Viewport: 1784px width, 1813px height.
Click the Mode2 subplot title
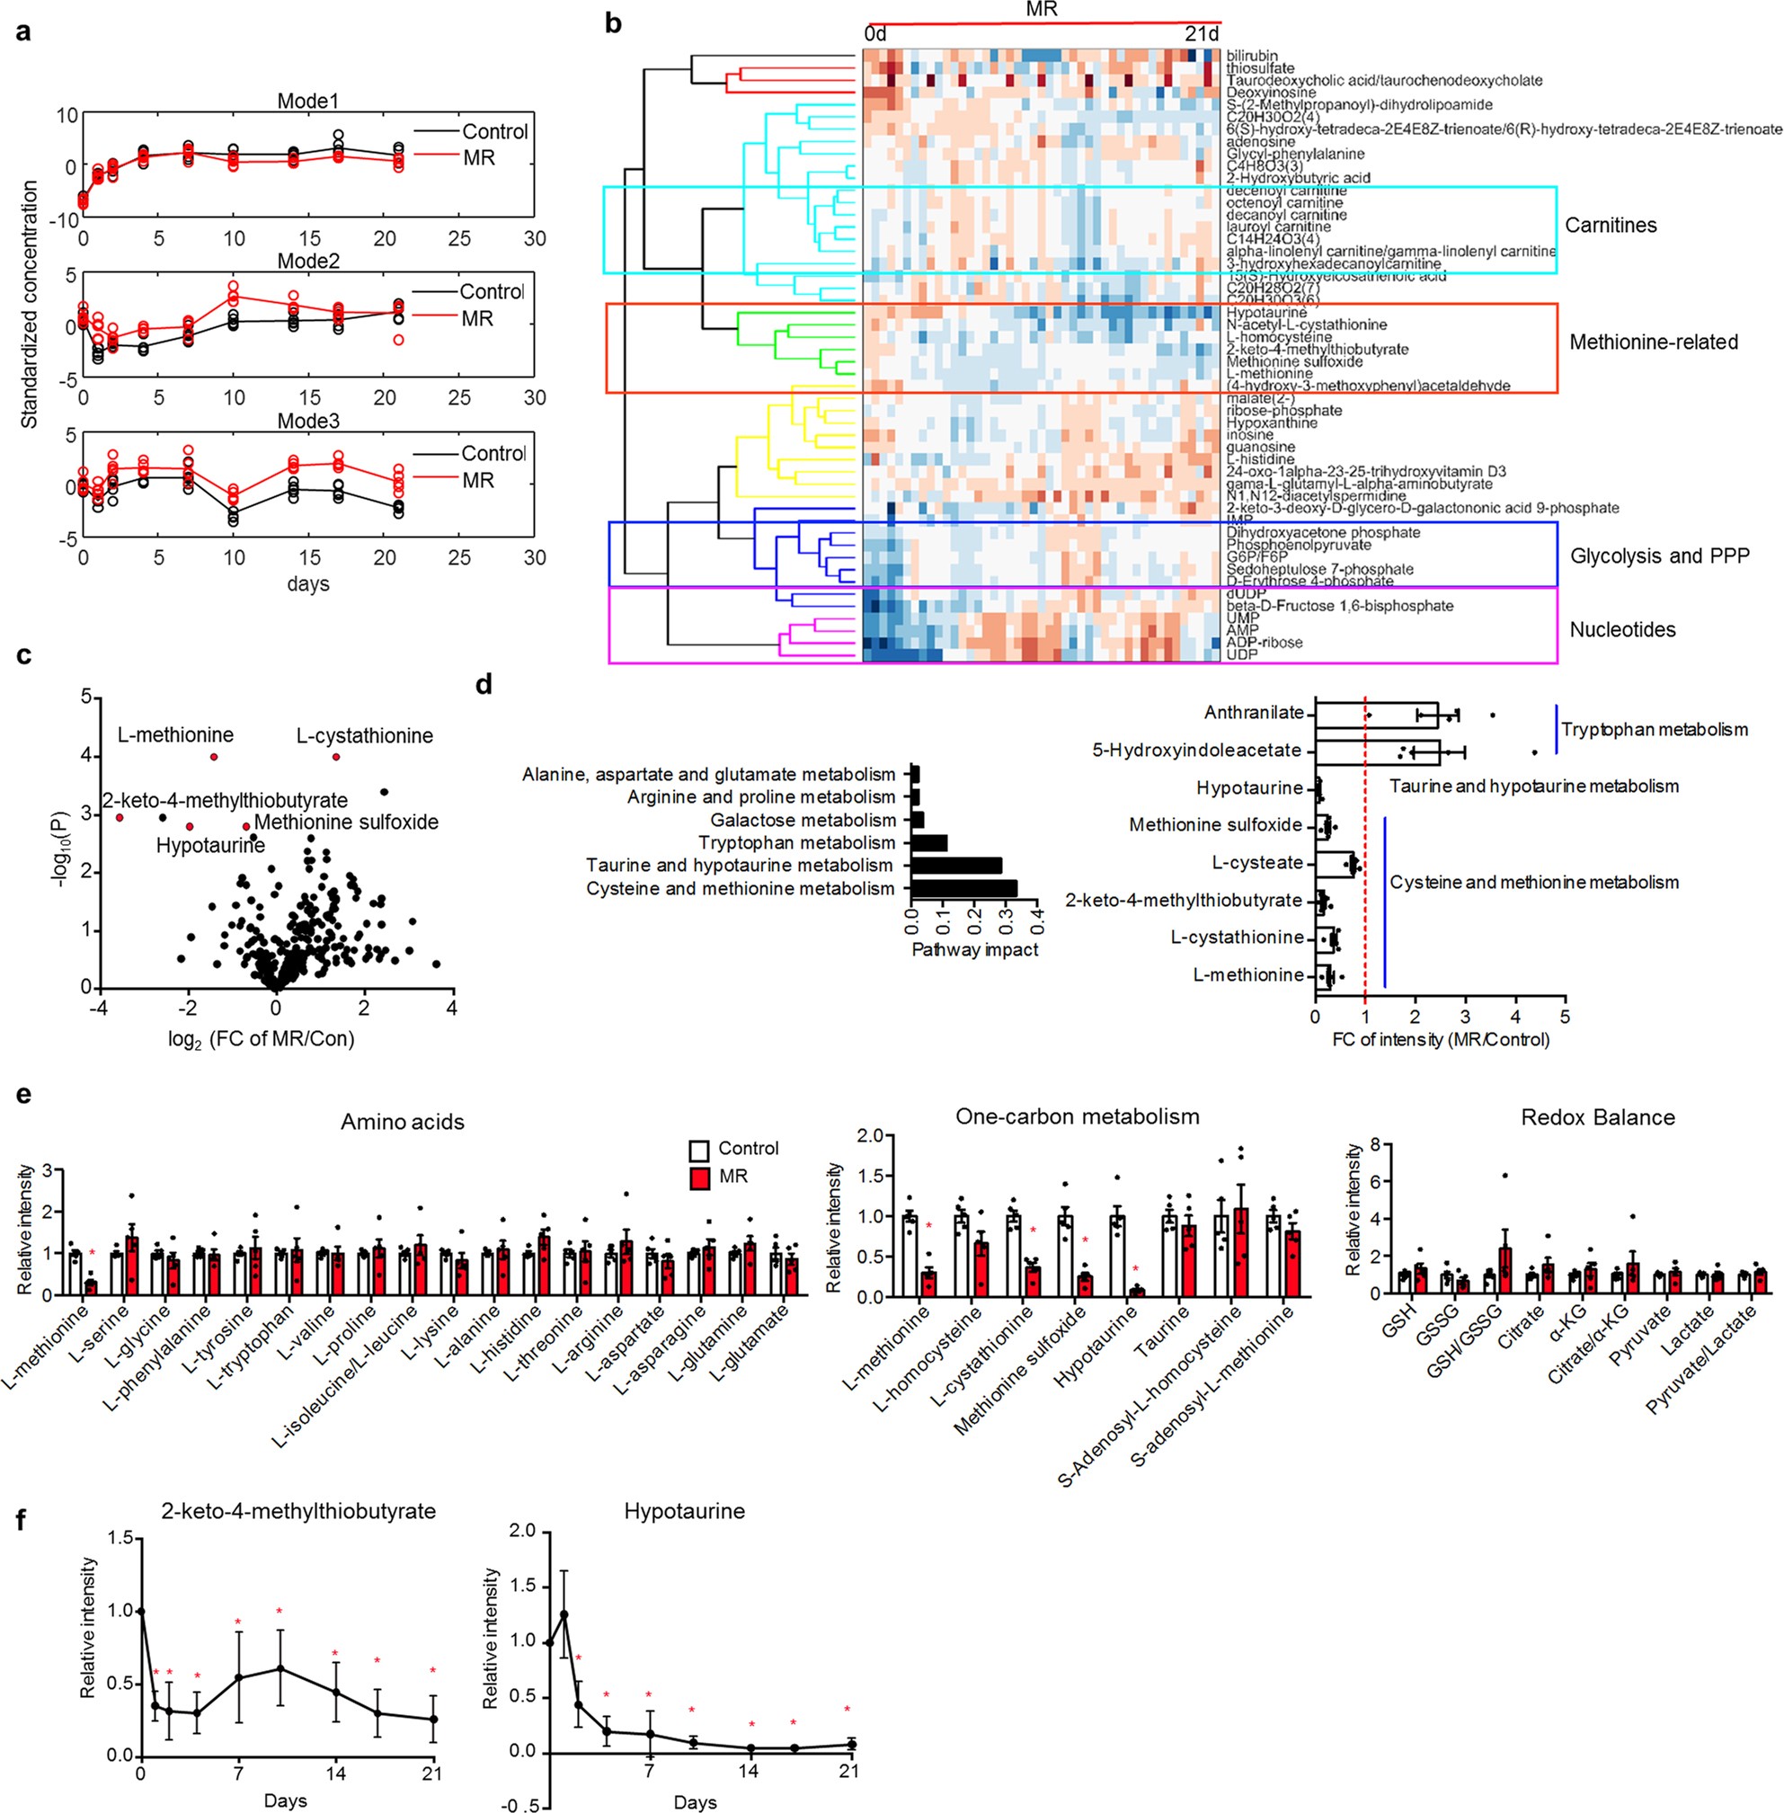point(307,262)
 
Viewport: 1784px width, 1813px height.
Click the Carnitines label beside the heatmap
point(1610,225)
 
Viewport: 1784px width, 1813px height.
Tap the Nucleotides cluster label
point(1622,629)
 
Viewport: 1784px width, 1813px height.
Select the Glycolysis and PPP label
point(1659,555)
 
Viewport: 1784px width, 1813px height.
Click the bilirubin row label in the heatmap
point(1252,57)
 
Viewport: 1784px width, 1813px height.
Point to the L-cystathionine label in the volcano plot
point(365,735)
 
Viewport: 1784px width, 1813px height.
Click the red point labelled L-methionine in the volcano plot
point(214,757)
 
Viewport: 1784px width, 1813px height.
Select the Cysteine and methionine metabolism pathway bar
point(963,888)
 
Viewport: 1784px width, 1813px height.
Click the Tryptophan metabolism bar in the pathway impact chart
point(928,842)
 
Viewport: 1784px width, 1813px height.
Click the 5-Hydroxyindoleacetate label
point(1196,751)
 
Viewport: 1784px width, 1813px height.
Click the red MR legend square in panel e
point(699,1177)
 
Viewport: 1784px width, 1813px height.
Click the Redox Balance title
point(1598,1117)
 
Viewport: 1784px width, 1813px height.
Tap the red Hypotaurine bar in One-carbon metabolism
point(1137,1292)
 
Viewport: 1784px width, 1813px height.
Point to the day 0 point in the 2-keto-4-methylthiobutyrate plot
point(141,1611)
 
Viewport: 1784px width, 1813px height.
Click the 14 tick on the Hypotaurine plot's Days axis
point(748,1771)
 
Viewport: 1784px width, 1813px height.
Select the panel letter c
point(23,655)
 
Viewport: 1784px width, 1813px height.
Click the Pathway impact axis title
point(974,949)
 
